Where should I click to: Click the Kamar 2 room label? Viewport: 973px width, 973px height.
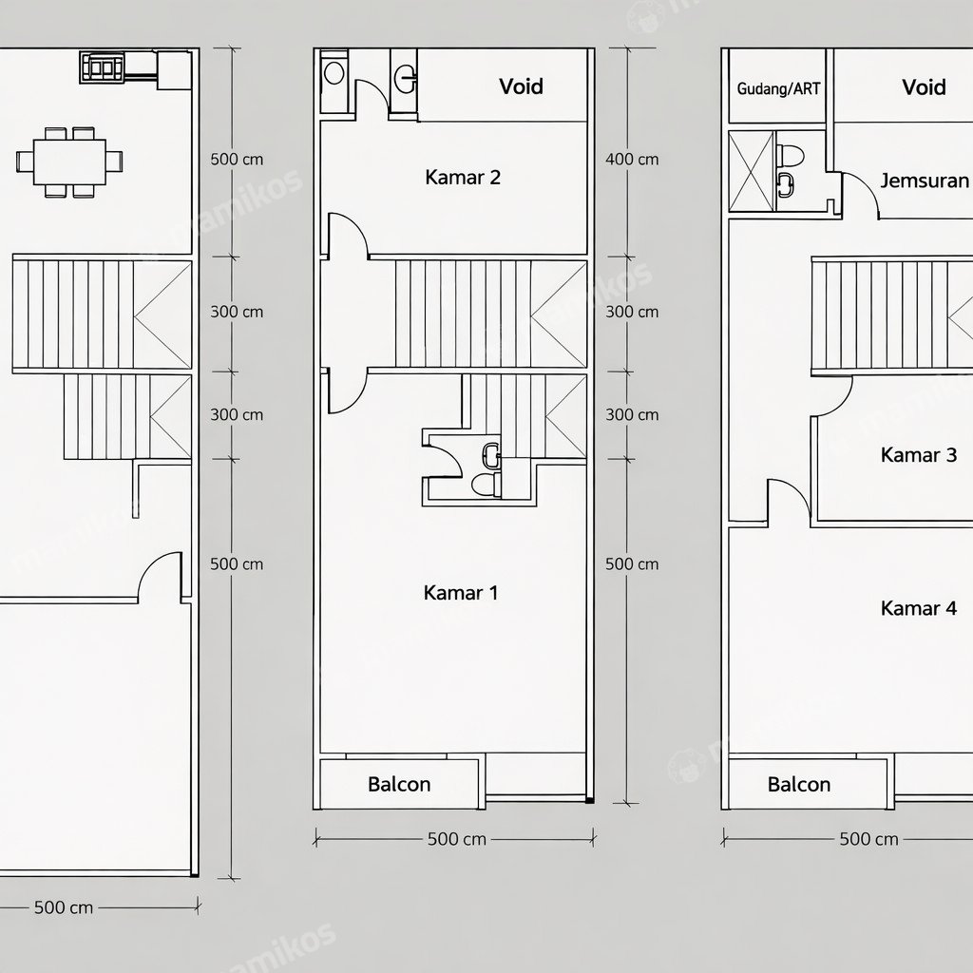pyautogui.click(x=463, y=178)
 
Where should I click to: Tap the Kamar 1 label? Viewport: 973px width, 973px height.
pyautogui.click(x=461, y=593)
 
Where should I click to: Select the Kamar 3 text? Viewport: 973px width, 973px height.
pyautogui.click(x=919, y=455)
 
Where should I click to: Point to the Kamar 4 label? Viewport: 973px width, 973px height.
pyautogui.click(x=919, y=608)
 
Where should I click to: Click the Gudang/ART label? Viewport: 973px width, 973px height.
pyautogui.click(x=778, y=88)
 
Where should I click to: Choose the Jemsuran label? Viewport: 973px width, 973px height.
pyautogui.click(x=925, y=181)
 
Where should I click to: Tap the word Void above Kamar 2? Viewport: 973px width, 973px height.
pyautogui.click(x=522, y=86)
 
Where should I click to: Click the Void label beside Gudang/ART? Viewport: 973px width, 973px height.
pyautogui.click(x=924, y=86)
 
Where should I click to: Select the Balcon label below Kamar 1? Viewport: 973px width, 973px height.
pyautogui.click(x=399, y=784)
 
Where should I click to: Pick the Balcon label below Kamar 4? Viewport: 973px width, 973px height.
pyautogui.click(x=798, y=784)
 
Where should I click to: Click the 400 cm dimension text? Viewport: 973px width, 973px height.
pyautogui.click(x=632, y=160)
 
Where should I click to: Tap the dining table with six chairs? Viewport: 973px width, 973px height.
pyautogui.click(x=69, y=162)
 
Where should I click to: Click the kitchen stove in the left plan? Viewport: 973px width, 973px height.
pyautogui.click(x=103, y=67)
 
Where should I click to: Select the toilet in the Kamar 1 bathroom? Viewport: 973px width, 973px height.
pyautogui.click(x=486, y=484)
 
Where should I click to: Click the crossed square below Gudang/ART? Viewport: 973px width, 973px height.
pyautogui.click(x=752, y=171)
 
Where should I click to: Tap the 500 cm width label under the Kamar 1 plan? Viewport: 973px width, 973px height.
pyautogui.click(x=457, y=840)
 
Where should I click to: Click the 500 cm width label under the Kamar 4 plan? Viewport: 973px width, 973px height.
pyautogui.click(x=868, y=840)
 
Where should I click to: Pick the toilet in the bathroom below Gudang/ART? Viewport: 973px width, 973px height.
pyautogui.click(x=791, y=155)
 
